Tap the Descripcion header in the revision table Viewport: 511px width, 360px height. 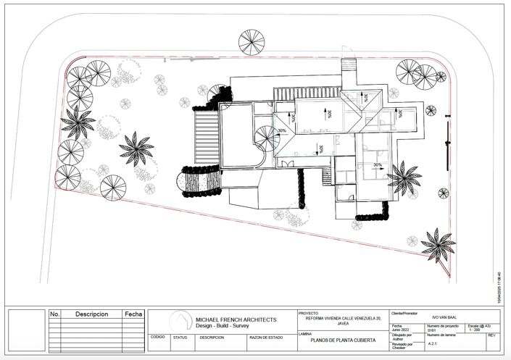pos(91,314)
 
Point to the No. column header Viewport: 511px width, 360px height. pos(55,314)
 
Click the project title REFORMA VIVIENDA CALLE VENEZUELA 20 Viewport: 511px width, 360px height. pos(343,319)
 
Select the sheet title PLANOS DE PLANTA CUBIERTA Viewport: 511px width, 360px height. pos(343,340)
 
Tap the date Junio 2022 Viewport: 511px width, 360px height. pos(402,330)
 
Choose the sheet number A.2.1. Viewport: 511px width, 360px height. pos(433,344)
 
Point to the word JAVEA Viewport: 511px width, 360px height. pos(343,324)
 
